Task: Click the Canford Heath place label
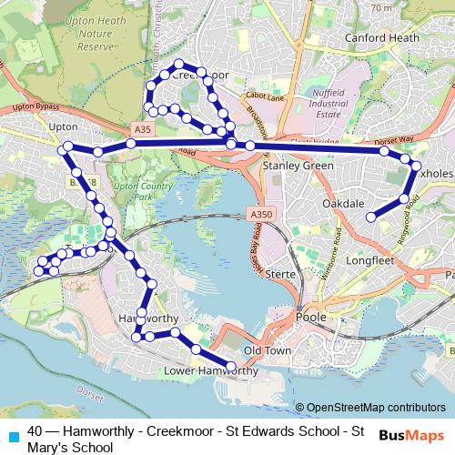[x=381, y=37]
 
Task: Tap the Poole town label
[x=312, y=317]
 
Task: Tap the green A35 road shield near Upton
[x=142, y=131]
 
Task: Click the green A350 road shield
[x=260, y=213]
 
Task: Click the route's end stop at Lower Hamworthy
[x=231, y=367]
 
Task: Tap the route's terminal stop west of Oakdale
[x=371, y=216]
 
